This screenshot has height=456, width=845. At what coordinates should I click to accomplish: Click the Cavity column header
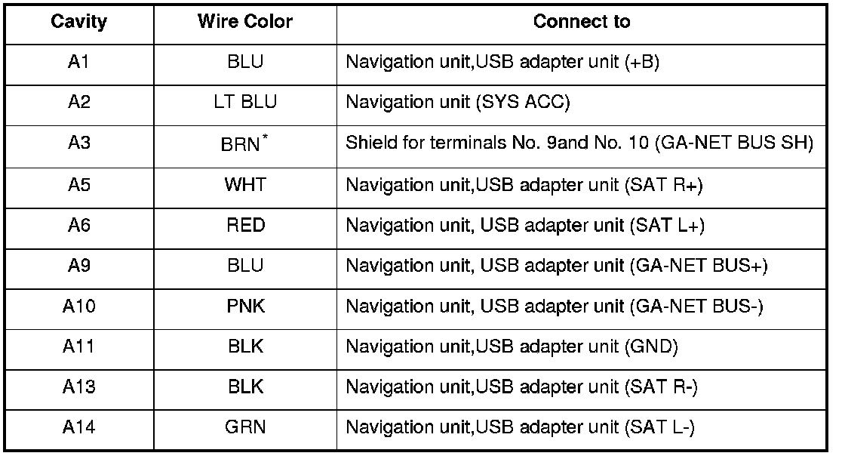(x=78, y=22)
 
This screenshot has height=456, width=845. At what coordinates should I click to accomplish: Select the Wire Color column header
(x=245, y=22)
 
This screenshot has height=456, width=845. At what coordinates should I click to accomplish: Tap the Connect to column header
(x=581, y=22)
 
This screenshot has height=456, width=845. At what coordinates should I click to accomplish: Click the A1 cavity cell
(x=78, y=62)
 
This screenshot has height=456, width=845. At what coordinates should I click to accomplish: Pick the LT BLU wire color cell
(x=245, y=103)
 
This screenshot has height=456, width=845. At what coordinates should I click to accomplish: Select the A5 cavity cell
(x=78, y=185)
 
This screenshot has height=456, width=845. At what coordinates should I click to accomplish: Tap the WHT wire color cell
(x=245, y=185)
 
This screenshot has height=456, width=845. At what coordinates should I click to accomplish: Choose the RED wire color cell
(x=245, y=226)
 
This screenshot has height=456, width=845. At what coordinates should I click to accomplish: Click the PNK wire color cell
(x=245, y=307)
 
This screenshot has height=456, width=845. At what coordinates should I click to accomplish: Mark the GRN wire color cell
(x=245, y=427)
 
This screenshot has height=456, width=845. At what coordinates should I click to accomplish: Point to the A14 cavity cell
(x=78, y=427)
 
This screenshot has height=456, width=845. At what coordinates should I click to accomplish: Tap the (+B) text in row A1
(x=643, y=62)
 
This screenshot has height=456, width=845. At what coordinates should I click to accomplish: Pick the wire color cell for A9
(x=245, y=267)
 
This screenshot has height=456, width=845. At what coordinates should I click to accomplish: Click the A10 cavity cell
(x=78, y=307)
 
